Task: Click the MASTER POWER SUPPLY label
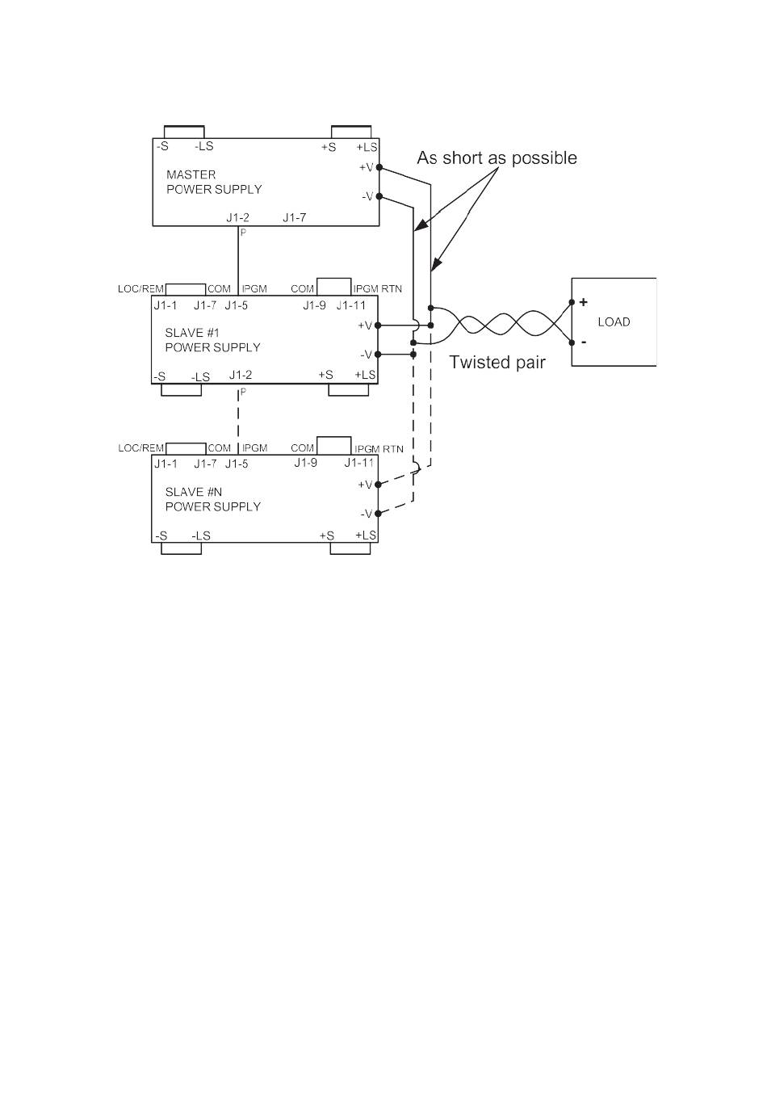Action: (214, 182)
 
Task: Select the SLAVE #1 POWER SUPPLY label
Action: (212, 340)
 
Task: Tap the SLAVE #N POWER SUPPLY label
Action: (212, 499)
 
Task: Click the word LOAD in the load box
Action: (614, 322)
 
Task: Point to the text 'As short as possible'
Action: (497, 158)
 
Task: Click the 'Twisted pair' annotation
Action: (497, 362)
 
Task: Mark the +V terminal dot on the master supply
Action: (379, 167)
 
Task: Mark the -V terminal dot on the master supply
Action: (379, 196)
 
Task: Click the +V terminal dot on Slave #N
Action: (378, 485)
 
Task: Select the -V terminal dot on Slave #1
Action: (378, 355)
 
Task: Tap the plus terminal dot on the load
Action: (572, 302)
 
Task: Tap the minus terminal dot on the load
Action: (572, 342)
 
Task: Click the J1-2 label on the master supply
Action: (237, 217)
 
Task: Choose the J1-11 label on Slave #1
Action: (350, 305)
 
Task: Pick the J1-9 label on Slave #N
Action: (305, 463)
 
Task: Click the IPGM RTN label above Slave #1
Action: (378, 288)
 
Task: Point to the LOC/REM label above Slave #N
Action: (140, 448)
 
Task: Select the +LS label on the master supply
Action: (367, 148)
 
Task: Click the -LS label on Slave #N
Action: (201, 536)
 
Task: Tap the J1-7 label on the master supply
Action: (294, 217)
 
